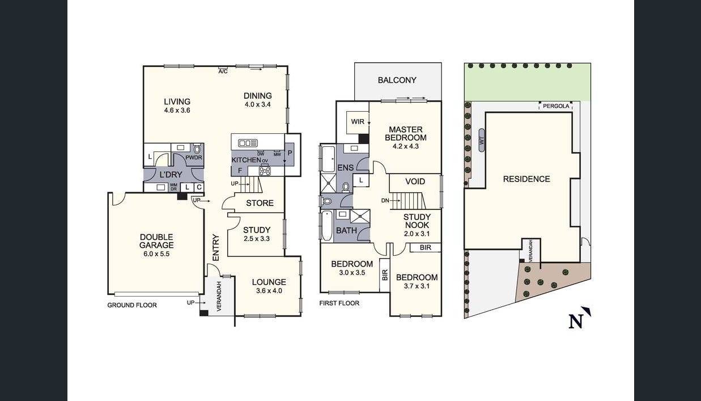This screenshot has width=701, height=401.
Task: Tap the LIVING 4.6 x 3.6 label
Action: [x=177, y=105]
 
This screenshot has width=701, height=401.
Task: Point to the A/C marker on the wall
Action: [x=223, y=71]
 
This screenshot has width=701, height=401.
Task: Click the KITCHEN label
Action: [x=246, y=160]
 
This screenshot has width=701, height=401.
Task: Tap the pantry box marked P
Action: [x=290, y=153]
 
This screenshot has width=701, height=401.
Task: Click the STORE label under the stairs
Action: [x=260, y=203]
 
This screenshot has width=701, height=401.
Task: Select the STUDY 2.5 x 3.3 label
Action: [x=257, y=234]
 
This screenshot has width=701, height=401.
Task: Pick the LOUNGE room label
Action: [x=269, y=286]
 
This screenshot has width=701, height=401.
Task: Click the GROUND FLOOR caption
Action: [x=132, y=305]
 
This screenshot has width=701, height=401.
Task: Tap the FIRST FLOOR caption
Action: [x=339, y=303]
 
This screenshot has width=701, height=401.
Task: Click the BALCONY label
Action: [x=397, y=80]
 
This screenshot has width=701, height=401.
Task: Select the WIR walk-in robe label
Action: [x=358, y=122]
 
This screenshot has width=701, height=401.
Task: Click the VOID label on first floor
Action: [x=415, y=181]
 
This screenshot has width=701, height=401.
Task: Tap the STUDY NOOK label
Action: [x=417, y=225]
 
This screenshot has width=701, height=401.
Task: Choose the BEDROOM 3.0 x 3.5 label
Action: [x=352, y=268]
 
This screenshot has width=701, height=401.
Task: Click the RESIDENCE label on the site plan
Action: [x=526, y=179]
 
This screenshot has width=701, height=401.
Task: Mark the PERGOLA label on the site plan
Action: [x=555, y=106]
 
